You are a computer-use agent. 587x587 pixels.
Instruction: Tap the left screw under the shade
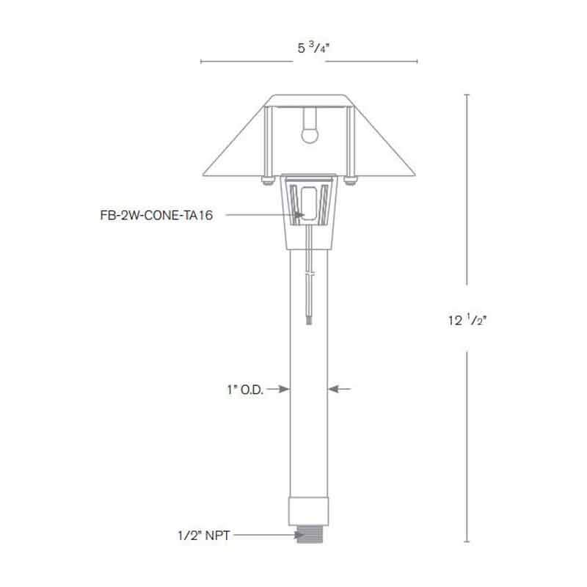(x=266, y=178)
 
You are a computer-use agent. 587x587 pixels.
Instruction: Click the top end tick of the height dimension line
(x=467, y=95)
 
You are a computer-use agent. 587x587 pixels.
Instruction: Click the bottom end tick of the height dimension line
(x=467, y=543)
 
